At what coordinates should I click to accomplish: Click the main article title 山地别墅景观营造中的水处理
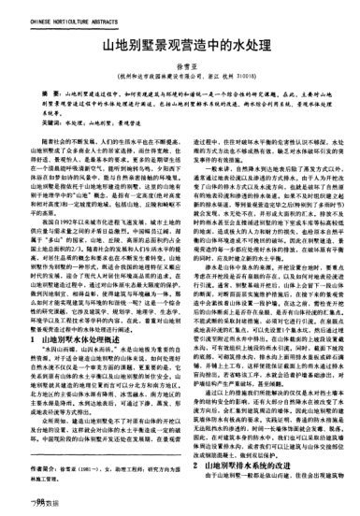coord(179,44)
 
